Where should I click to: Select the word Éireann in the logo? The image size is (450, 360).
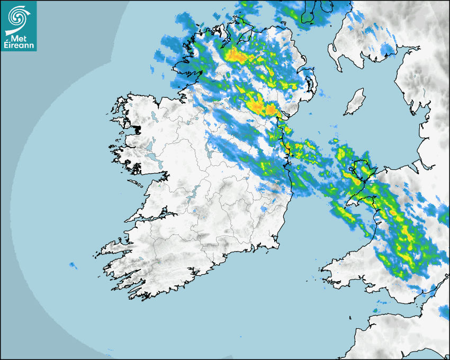(x=18, y=46)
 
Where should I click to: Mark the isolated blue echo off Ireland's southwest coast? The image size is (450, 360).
(x=73, y=265)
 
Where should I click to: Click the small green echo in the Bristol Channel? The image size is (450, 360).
(x=375, y=310)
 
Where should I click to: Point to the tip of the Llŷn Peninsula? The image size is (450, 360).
(x=347, y=203)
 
